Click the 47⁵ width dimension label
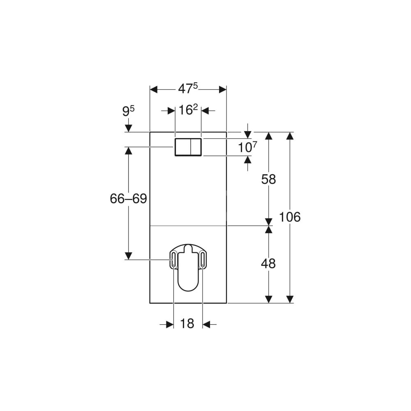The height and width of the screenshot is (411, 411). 188,89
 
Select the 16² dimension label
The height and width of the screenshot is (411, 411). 188,110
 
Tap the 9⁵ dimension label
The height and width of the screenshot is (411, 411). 128,111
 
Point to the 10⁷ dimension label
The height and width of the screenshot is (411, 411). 247,147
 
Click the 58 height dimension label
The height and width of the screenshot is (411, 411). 269,180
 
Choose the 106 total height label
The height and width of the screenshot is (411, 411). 290,217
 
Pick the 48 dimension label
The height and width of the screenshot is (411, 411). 268,263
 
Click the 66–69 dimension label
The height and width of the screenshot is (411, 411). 128,199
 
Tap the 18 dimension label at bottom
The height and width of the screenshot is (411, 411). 187,323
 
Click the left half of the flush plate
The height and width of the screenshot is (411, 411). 183,147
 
